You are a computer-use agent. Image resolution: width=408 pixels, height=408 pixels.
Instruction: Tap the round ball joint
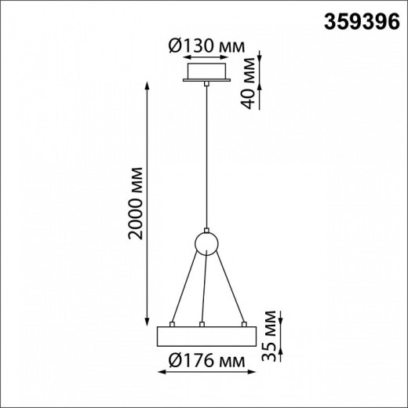point(206,243)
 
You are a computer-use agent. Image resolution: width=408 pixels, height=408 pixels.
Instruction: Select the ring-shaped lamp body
point(205,336)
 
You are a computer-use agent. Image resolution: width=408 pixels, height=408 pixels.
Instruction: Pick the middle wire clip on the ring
point(202,323)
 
